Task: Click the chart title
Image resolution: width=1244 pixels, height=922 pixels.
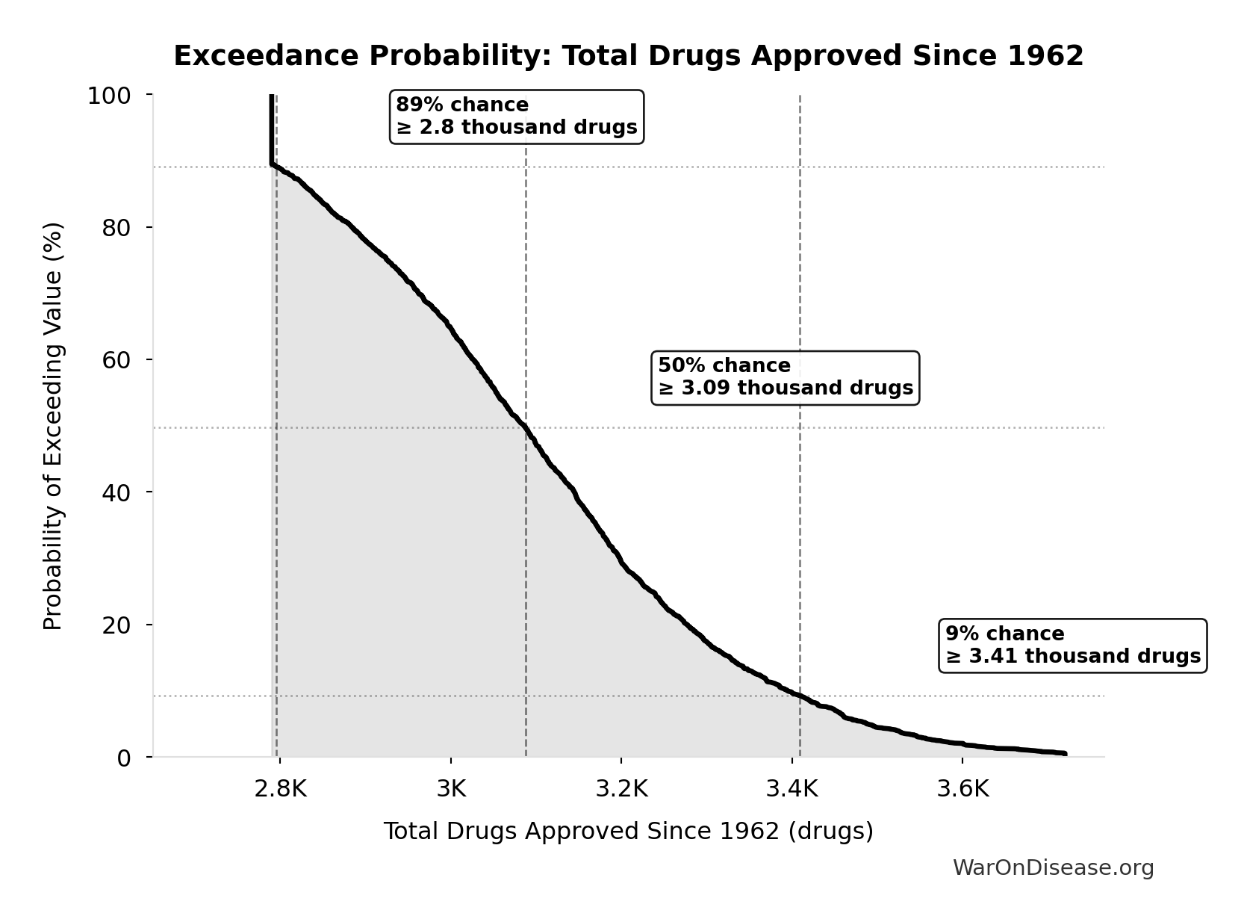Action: (628, 56)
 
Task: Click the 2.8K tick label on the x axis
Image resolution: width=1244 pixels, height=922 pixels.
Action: (280, 789)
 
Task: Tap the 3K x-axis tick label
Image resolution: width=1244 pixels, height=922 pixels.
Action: (450, 789)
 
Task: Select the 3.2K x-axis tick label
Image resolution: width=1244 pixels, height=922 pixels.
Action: (621, 789)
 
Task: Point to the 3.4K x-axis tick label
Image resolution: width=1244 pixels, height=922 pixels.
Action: (792, 789)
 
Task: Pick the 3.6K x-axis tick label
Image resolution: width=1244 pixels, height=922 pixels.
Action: (962, 789)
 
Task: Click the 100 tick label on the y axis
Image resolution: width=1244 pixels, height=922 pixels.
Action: (109, 96)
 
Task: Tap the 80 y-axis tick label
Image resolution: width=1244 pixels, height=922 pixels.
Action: (116, 228)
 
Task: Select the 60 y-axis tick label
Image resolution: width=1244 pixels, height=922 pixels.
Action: (116, 360)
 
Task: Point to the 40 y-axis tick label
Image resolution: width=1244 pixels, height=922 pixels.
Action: (116, 492)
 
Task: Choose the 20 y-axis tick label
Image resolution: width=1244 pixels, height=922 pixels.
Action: (116, 625)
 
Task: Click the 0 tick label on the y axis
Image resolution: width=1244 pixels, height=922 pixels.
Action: (124, 758)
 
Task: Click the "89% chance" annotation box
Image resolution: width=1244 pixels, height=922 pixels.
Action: (516, 117)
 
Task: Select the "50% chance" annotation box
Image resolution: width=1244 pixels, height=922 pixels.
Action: (785, 377)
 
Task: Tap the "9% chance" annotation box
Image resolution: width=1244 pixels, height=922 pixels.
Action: (1072, 646)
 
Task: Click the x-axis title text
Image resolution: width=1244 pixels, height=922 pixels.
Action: (628, 832)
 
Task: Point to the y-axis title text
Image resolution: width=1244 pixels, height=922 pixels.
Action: (53, 426)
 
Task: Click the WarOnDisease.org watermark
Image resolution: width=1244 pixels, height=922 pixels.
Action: (1053, 868)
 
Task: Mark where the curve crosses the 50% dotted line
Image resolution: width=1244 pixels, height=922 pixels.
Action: (525, 427)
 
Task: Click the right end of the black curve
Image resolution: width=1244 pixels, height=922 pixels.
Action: (1065, 753)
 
